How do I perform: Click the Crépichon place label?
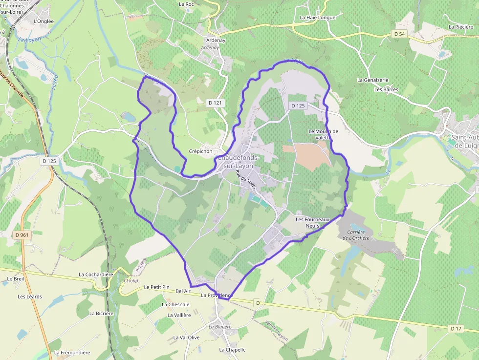(x=201, y=151)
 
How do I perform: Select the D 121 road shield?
(x=215, y=103)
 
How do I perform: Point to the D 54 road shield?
(x=399, y=34)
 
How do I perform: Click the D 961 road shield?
(x=22, y=235)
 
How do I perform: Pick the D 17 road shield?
(x=456, y=328)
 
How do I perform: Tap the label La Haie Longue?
(x=318, y=18)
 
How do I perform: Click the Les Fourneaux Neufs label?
(x=313, y=223)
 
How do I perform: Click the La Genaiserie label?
(x=373, y=80)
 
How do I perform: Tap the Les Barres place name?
(x=386, y=89)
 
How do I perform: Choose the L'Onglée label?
(x=44, y=21)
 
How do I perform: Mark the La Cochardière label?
(x=96, y=275)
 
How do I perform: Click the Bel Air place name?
(x=183, y=291)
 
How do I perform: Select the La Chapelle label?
(x=232, y=350)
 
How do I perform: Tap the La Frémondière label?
(x=72, y=353)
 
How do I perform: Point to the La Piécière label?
(x=460, y=27)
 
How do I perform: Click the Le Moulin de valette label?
(x=324, y=134)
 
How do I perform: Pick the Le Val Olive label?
(x=186, y=338)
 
